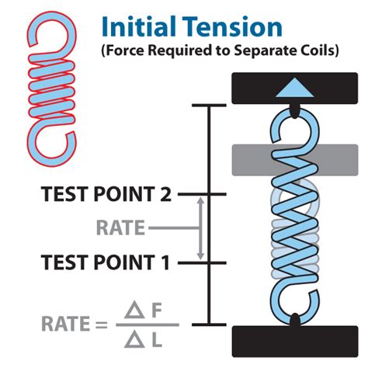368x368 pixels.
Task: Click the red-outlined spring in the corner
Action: [51, 94]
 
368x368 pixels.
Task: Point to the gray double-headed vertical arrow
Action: [201, 228]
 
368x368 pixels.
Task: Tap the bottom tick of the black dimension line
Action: [209, 324]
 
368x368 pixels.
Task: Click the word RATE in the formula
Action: [54, 324]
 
